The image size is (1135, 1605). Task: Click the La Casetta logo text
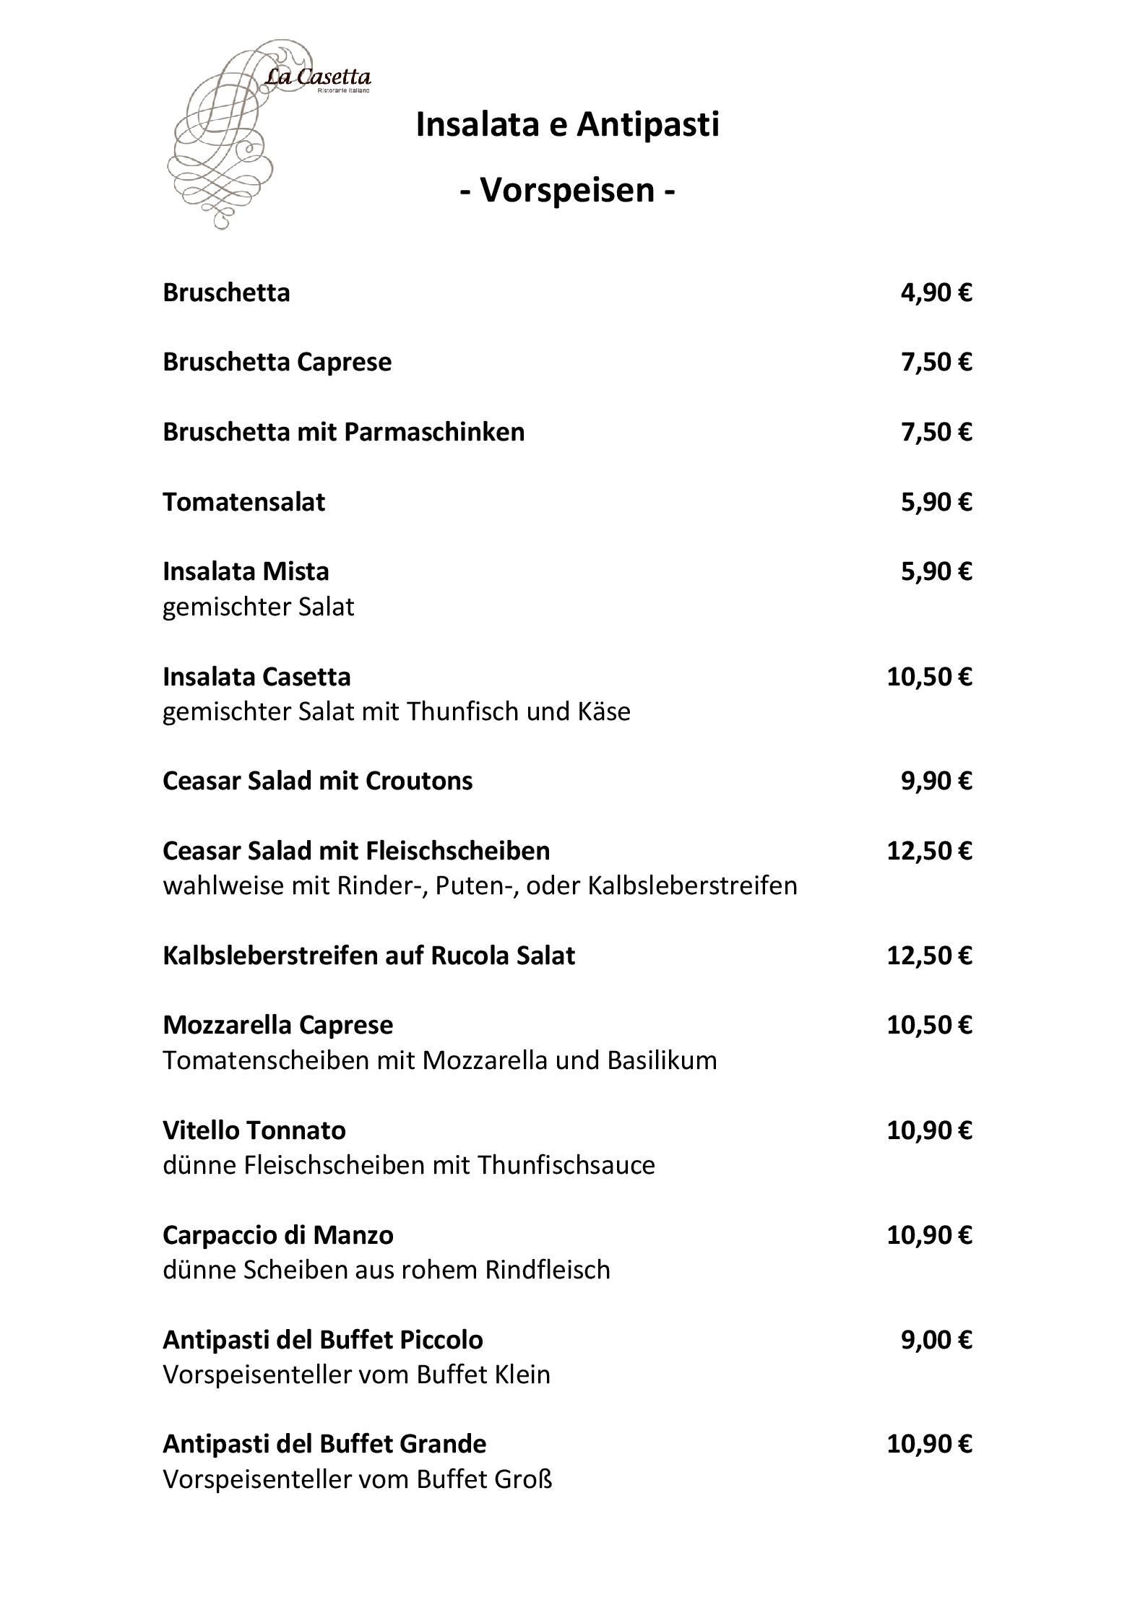[x=318, y=77]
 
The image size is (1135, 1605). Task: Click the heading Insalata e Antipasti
[x=567, y=124]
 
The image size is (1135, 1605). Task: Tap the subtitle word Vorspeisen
[x=567, y=190]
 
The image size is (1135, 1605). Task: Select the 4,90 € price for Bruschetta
[x=936, y=293]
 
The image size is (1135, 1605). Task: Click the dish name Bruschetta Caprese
[x=277, y=362]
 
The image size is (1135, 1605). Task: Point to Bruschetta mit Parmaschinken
[x=343, y=432]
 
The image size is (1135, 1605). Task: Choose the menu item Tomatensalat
[x=243, y=501]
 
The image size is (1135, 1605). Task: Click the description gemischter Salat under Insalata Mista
[x=258, y=607]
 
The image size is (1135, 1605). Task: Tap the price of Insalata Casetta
[x=929, y=677]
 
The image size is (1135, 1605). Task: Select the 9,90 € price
[x=936, y=781]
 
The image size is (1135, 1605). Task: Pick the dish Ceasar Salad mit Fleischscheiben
[x=356, y=851]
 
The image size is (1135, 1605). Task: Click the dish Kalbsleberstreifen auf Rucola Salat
[x=368, y=956]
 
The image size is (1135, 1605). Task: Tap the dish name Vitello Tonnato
[x=254, y=1130]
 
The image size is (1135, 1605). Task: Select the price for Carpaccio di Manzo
[x=929, y=1234]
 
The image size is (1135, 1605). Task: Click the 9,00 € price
[x=936, y=1339]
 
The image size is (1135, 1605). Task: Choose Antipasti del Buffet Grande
[x=324, y=1444]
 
